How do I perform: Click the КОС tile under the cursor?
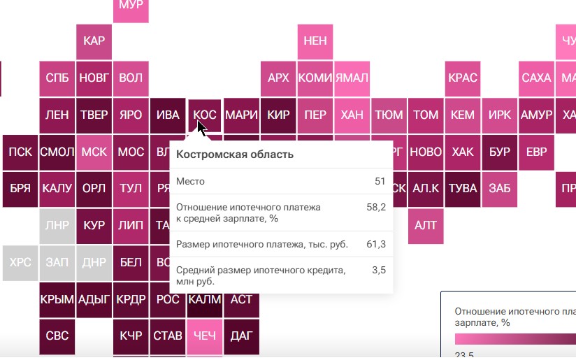point(205,114)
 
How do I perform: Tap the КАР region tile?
point(94,41)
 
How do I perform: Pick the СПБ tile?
point(57,78)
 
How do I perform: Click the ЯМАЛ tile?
point(352,78)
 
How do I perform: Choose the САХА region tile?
point(536,78)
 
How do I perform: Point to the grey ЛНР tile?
point(57,225)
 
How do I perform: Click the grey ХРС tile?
point(20,262)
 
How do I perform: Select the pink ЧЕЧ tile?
point(205,336)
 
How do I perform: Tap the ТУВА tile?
point(462,188)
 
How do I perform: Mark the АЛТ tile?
point(426,225)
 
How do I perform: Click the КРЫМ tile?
point(57,299)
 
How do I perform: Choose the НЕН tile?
point(315,41)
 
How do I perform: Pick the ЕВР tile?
point(536,151)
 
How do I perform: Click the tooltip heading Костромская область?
point(234,154)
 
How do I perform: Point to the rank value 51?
point(380,182)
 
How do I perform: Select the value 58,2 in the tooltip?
point(377,207)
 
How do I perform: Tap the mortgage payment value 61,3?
point(377,243)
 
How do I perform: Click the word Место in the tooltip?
point(190,182)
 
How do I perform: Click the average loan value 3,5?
point(379,270)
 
